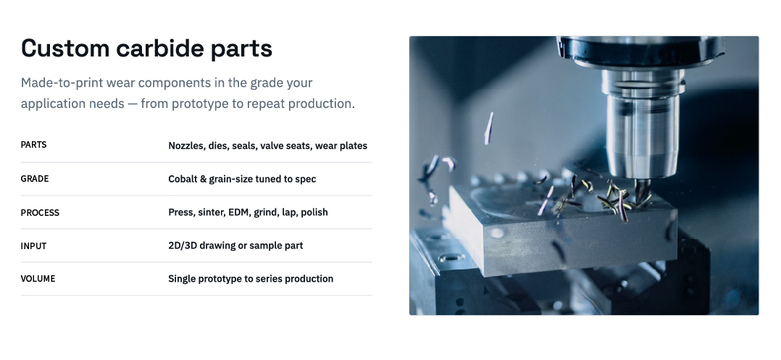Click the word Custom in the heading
(x=65, y=49)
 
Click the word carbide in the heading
(x=160, y=49)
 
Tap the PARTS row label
(x=33, y=145)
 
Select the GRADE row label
(x=34, y=179)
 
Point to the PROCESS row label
(x=40, y=213)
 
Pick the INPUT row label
(x=33, y=246)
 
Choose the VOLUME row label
(x=38, y=279)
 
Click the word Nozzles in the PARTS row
(x=186, y=146)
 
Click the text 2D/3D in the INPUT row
(x=183, y=246)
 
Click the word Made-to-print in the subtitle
(x=62, y=83)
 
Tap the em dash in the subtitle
(x=133, y=104)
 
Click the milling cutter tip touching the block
(x=642, y=193)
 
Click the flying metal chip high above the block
(x=489, y=128)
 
